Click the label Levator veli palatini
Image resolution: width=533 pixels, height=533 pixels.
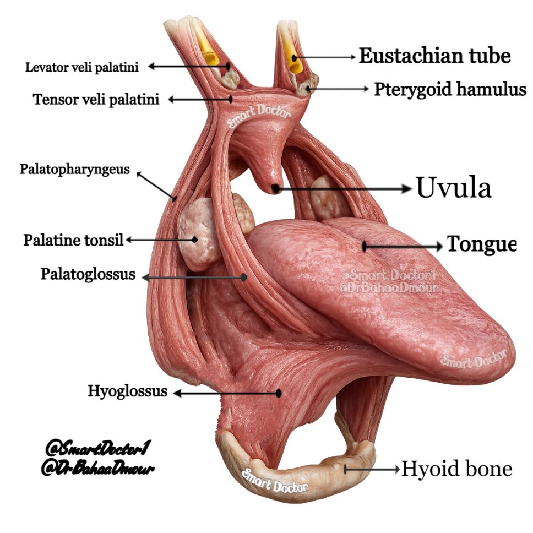pyautogui.click(x=82, y=67)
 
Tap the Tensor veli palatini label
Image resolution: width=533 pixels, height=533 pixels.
pyautogui.click(x=96, y=99)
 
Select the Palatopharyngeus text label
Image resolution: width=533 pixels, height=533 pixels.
pyautogui.click(x=75, y=169)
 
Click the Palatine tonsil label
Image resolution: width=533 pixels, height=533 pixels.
pyautogui.click(x=73, y=240)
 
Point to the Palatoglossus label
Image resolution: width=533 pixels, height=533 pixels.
pyautogui.click(x=88, y=274)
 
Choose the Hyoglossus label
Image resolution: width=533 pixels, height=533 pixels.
pyautogui.click(x=128, y=391)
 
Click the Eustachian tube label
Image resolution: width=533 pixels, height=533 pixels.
pyautogui.click(x=435, y=56)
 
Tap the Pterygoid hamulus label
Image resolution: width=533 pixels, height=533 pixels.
pyautogui.click(x=450, y=89)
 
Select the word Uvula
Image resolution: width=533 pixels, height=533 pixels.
pyautogui.click(x=454, y=187)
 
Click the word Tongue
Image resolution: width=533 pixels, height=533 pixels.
pyautogui.click(x=482, y=244)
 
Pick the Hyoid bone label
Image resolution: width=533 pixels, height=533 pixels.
pyautogui.click(x=457, y=469)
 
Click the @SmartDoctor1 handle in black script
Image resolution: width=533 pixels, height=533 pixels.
pyautogui.click(x=98, y=448)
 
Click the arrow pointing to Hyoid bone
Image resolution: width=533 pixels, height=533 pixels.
pyautogui.click(x=372, y=470)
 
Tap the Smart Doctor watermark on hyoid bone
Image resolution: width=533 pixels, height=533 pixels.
pyautogui.click(x=275, y=480)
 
